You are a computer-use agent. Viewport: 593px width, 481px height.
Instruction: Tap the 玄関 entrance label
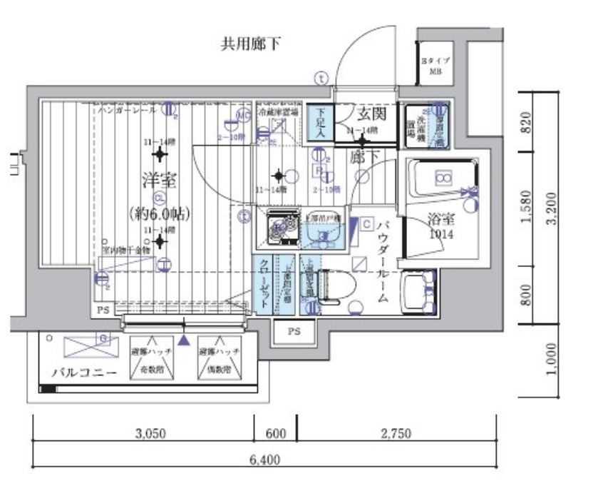[x=371, y=113]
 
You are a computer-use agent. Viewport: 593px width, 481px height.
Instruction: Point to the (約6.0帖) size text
[x=160, y=212]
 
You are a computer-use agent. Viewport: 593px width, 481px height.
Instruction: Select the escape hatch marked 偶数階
[x=220, y=358]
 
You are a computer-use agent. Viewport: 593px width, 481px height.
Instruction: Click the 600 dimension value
[x=276, y=433]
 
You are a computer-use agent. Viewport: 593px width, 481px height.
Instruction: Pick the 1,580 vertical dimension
[x=527, y=206]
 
